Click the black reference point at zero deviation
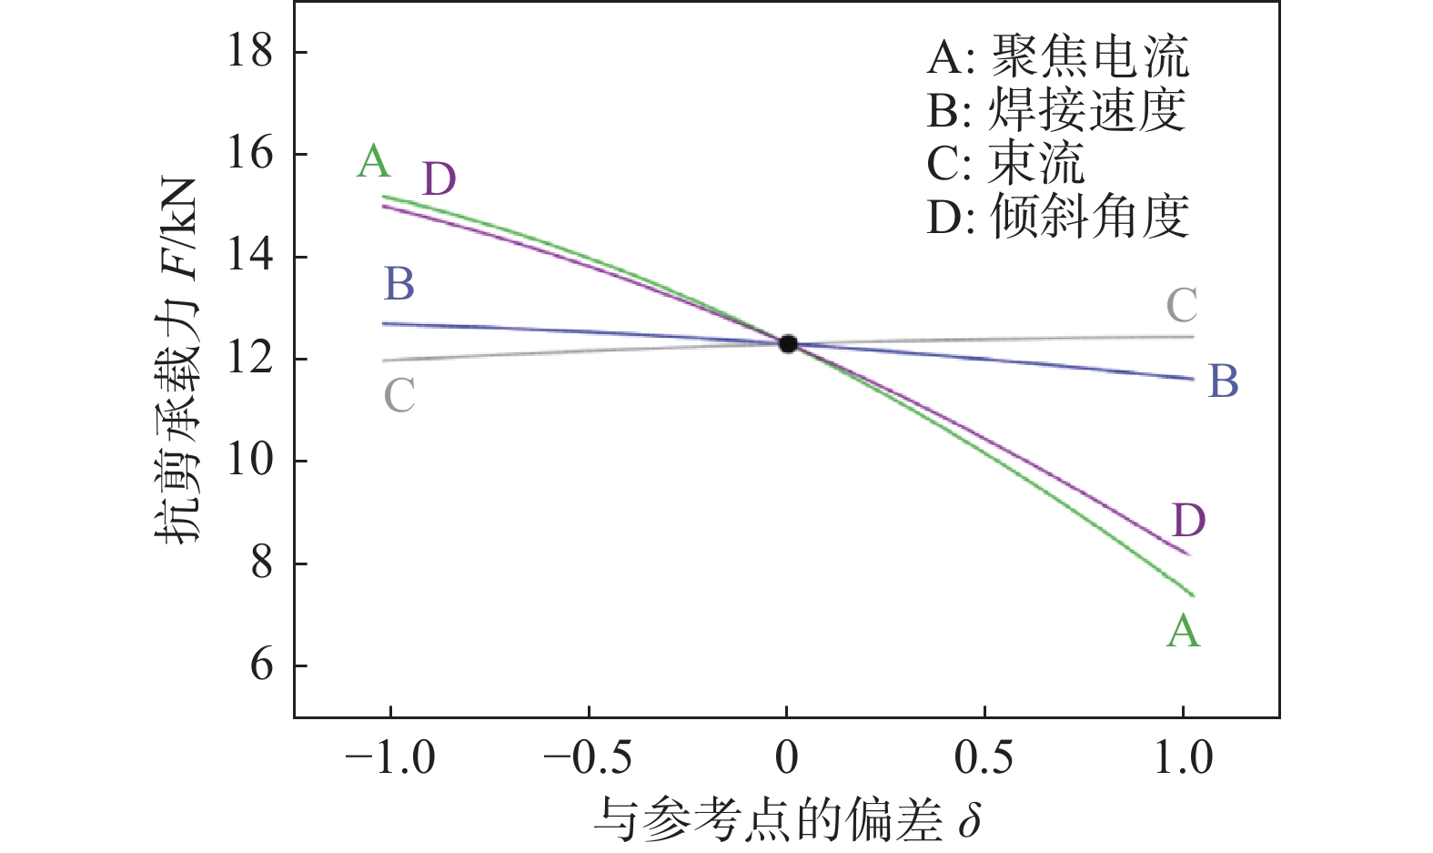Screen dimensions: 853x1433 [x=788, y=343]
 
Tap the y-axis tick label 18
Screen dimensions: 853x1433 [x=250, y=51]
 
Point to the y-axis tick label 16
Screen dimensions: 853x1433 [x=250, y=154]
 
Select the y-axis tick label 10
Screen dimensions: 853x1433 [x=250, y=461]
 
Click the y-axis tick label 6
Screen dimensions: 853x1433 [x=261, y=665]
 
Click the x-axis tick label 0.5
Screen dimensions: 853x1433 [x=984, y=757]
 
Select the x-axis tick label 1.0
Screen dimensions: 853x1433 [x=1183, y=757]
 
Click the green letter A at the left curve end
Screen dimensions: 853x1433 [x=374, y=162]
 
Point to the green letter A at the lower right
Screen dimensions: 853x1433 [x=1183, y=631]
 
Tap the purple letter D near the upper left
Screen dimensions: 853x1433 [x=439, y=179]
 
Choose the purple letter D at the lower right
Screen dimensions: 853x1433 [x=1188, y=522]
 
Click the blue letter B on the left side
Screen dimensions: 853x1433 [x=399, y=284]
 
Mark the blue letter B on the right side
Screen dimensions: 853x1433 [x=1223, y=381]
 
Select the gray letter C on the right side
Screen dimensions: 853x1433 [x=1182, y=306]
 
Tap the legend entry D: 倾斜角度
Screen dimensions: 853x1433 [x=1057, y=217]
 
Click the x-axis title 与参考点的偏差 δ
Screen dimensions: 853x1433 [x=787, y=820]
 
